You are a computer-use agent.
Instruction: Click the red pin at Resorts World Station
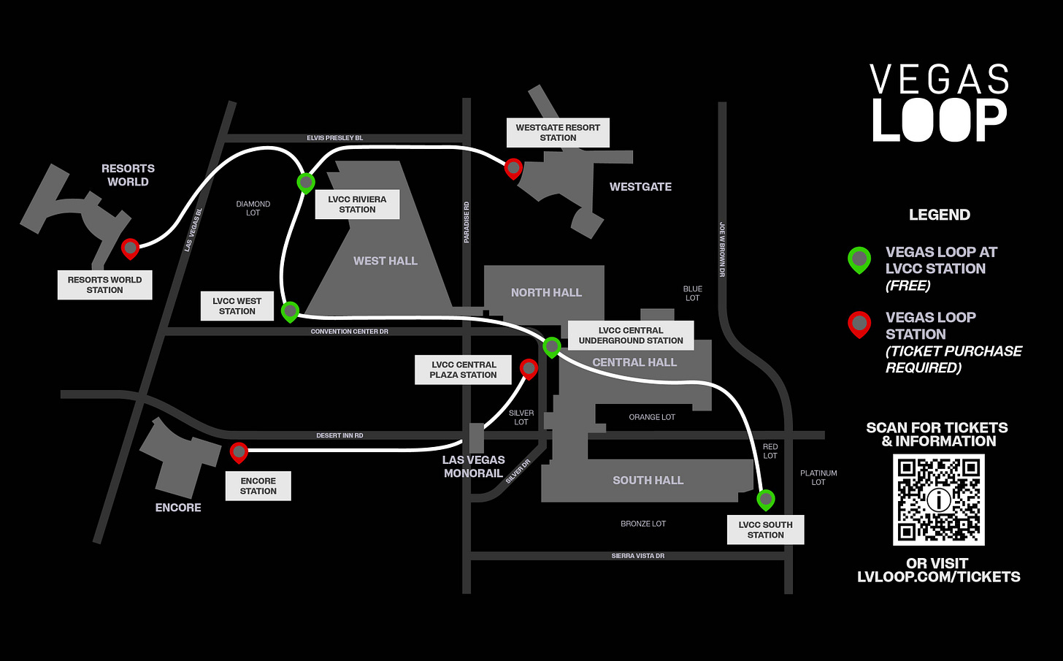130,248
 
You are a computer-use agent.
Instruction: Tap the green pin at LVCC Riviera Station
306,182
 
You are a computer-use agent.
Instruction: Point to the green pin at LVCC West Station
290,311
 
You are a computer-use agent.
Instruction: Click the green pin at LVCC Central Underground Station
552,346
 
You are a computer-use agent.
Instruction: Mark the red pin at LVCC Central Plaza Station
529,369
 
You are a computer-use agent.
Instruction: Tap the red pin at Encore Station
239,452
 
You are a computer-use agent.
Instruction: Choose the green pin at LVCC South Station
765,500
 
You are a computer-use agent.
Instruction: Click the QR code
938,500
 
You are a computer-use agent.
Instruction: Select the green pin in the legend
859,259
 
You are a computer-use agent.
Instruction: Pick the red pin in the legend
859,324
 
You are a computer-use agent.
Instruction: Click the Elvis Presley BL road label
334,138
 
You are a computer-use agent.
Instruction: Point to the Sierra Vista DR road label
637,556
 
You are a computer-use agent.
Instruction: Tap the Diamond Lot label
253,208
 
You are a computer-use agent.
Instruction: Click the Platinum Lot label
818,478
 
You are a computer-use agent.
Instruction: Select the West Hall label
385,261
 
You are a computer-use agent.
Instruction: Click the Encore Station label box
258,486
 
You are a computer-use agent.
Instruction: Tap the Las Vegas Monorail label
473,466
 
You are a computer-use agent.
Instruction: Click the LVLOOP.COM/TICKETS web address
938,577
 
